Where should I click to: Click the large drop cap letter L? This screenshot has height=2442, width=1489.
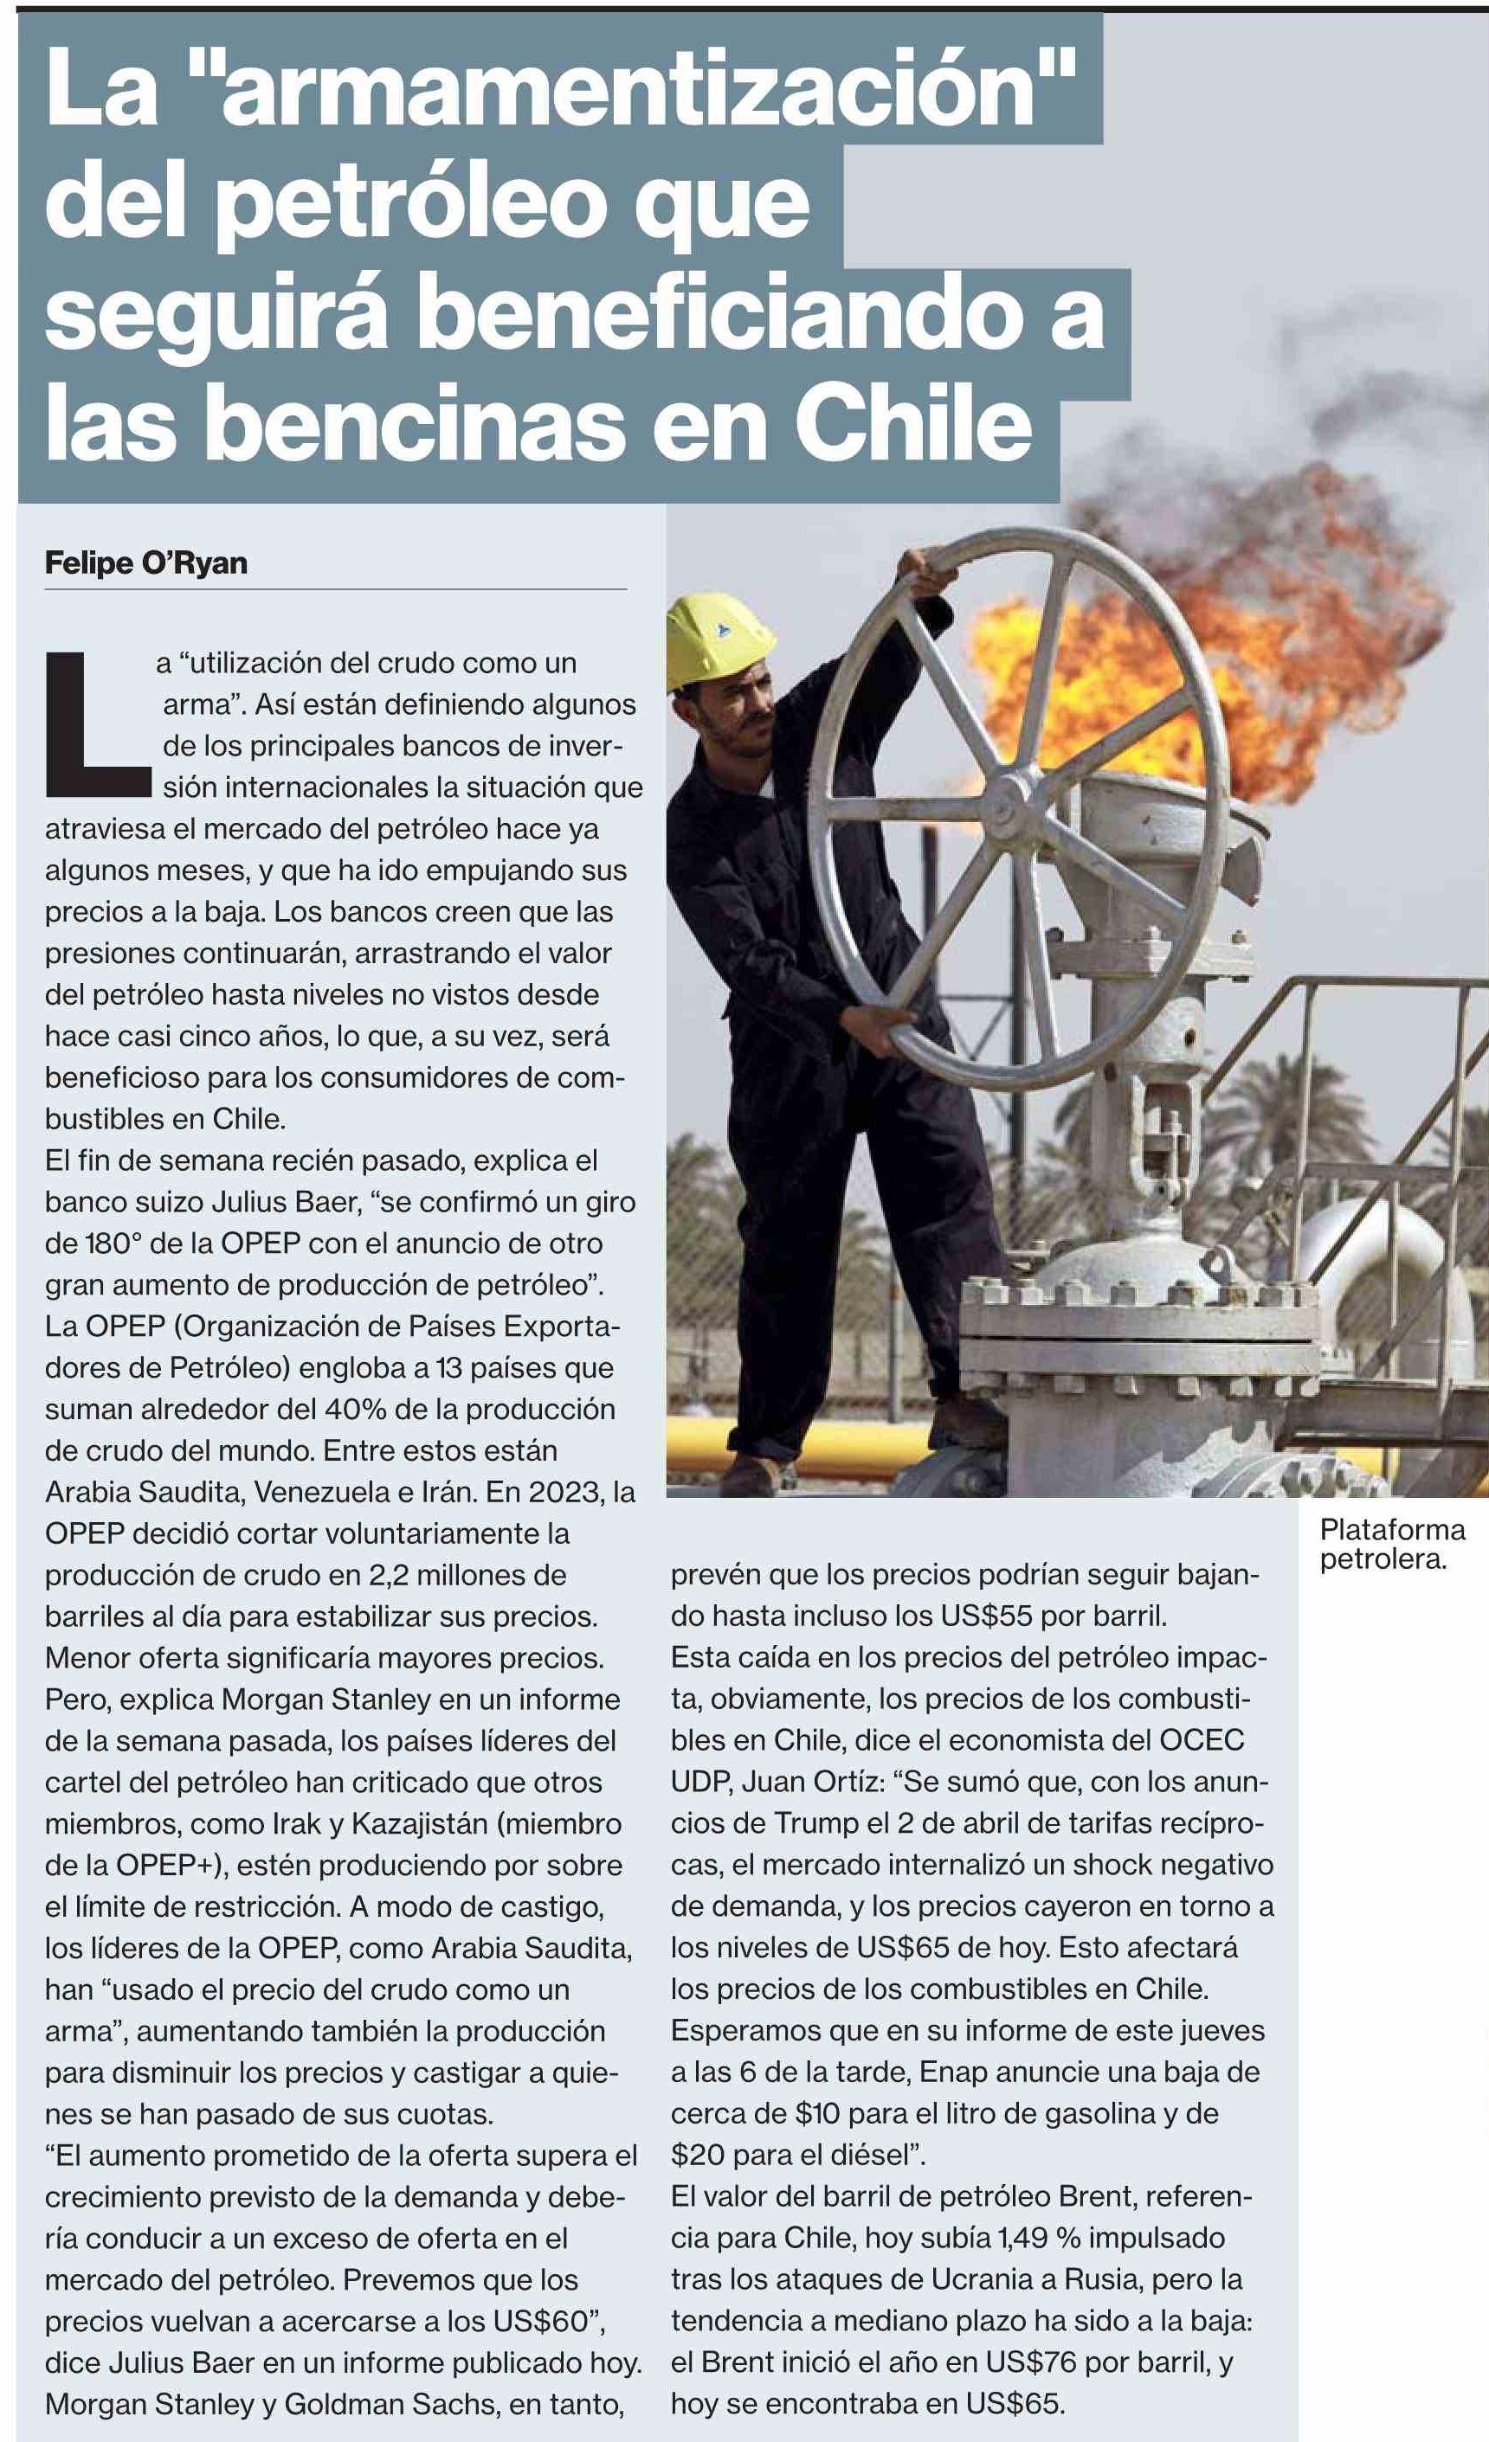(x=96, y=723)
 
